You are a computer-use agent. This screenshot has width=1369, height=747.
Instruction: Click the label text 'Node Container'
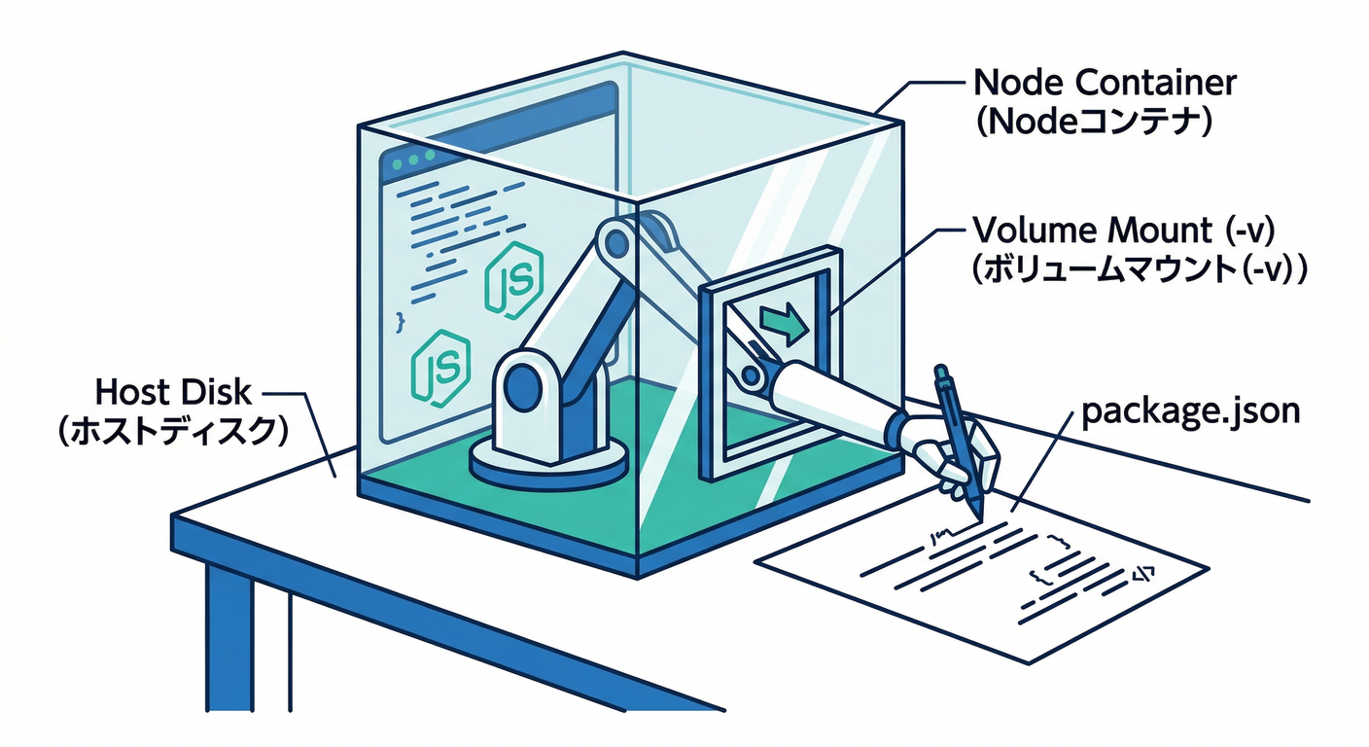point(1105,83)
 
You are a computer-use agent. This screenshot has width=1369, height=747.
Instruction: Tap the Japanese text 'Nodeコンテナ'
point(1093,123)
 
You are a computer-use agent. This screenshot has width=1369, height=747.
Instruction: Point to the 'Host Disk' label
point(173,393)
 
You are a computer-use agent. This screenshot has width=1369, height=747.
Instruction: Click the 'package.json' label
point(1189,411)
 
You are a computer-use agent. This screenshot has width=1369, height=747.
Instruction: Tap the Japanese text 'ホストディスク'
point(174,432)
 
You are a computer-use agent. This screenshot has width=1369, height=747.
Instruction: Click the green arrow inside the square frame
point(784,324)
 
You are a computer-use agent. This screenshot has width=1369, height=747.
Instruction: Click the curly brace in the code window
point(399,318)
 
